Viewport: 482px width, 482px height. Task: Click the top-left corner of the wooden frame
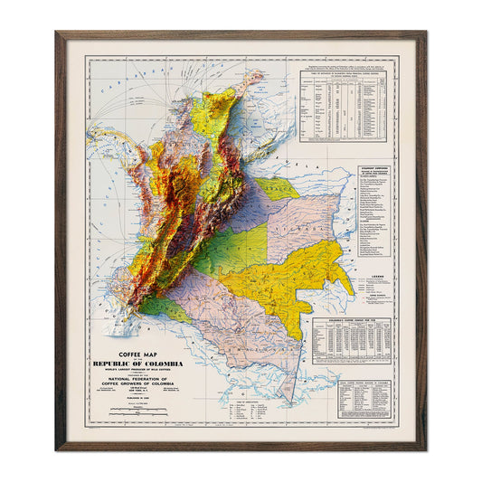pos(57,33)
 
